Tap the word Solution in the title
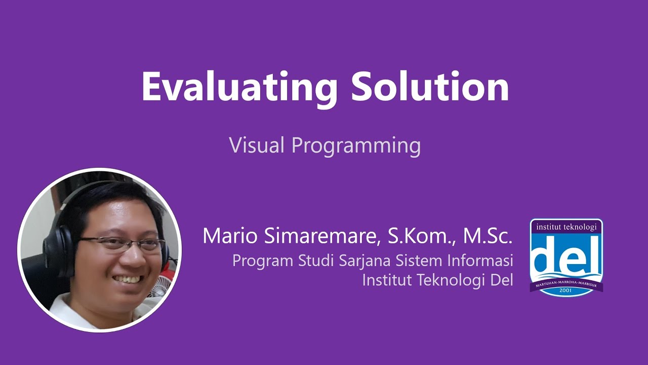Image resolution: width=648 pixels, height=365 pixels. point(430,86)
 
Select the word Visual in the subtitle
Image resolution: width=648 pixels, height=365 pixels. point(257,145)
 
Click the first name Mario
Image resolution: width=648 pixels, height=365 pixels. point(230,236)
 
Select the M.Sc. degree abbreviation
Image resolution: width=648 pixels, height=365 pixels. point(488,236)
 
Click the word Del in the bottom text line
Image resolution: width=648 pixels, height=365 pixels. point(502,279)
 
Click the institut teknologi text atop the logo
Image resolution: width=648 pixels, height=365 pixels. point(566,227)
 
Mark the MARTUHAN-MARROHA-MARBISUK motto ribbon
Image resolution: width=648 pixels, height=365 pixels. point(566,283)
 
